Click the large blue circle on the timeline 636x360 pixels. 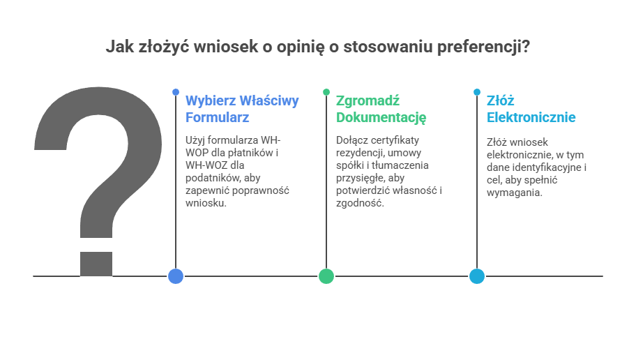click(176, 276)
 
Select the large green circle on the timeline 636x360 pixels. click(326, 276)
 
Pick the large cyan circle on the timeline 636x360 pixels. click(477, 276)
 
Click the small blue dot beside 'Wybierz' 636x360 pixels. click(176, 92)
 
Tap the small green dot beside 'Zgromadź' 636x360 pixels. click(326, 92)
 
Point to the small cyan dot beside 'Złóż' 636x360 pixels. click(477, 92)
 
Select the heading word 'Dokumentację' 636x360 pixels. click(381, 117)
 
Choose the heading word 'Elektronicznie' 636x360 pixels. click(531, 117)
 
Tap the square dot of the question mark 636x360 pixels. click(96, 264)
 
